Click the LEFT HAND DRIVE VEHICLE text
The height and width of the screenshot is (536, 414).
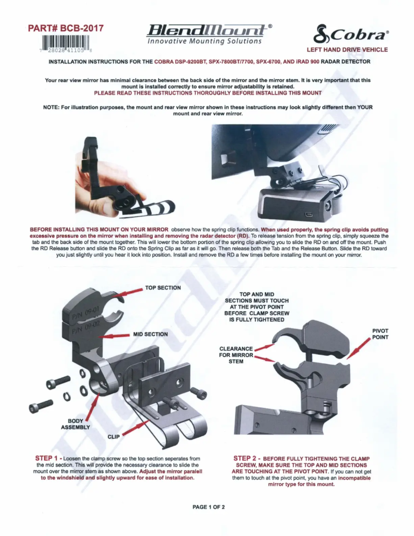point(347,50)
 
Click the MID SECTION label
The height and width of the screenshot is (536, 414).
point(150,334)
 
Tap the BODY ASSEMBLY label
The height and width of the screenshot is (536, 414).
point(75,424)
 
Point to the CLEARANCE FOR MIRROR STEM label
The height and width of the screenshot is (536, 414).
point(236,355)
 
